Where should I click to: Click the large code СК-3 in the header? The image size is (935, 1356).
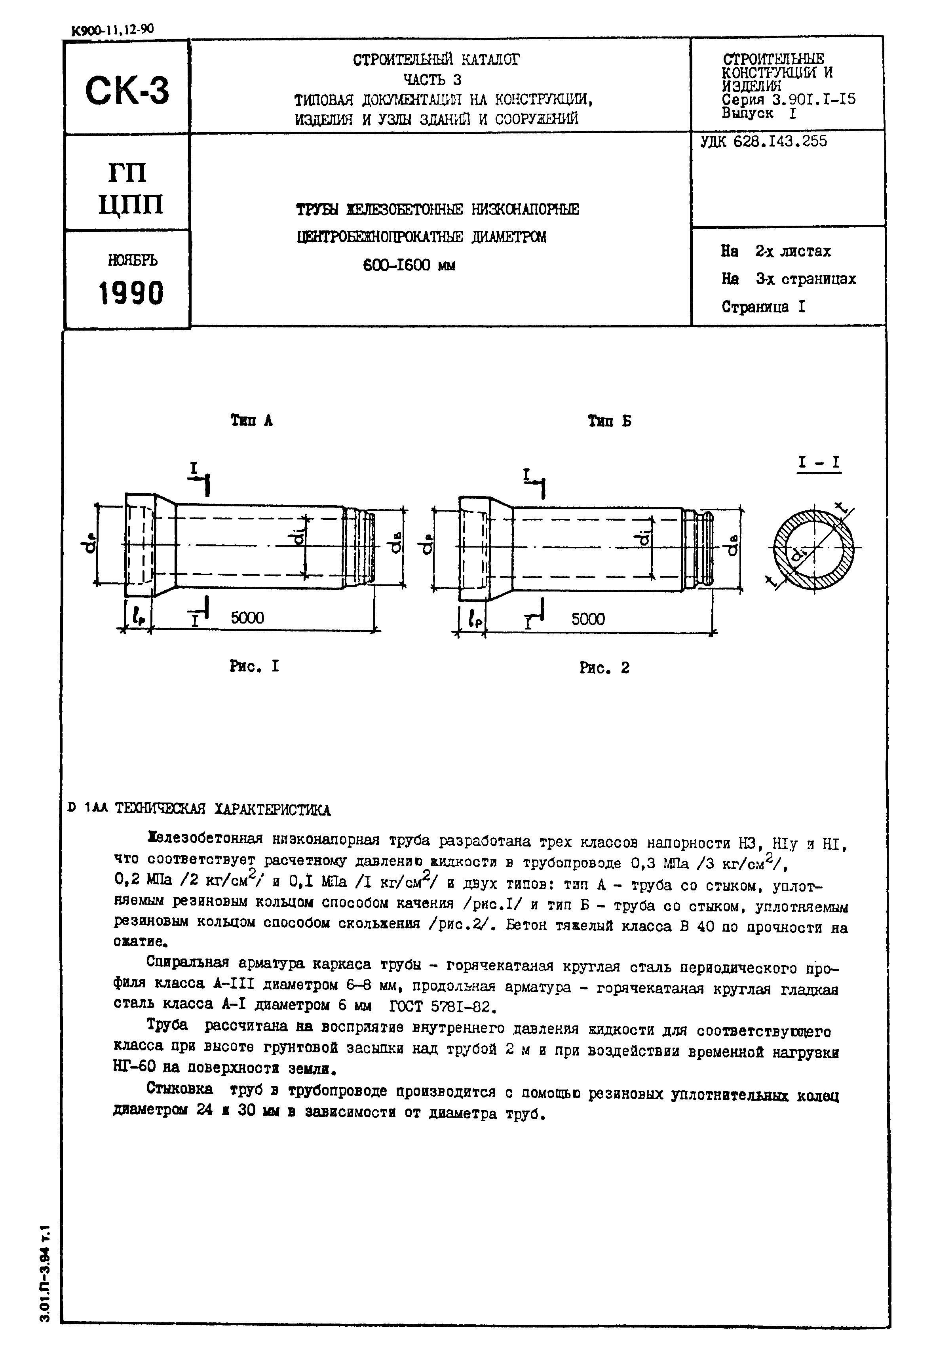[127, 91]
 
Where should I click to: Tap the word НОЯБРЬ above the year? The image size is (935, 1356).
[132, 260]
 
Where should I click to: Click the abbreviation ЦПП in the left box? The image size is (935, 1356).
[131, 204]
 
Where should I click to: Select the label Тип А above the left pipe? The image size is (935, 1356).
[252, 421]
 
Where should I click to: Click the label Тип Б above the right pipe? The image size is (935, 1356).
[609, 421]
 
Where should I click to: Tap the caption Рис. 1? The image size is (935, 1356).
[254, 666]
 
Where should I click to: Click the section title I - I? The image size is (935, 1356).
[818, 463]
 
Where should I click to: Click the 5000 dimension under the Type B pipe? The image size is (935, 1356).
[587, 619]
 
